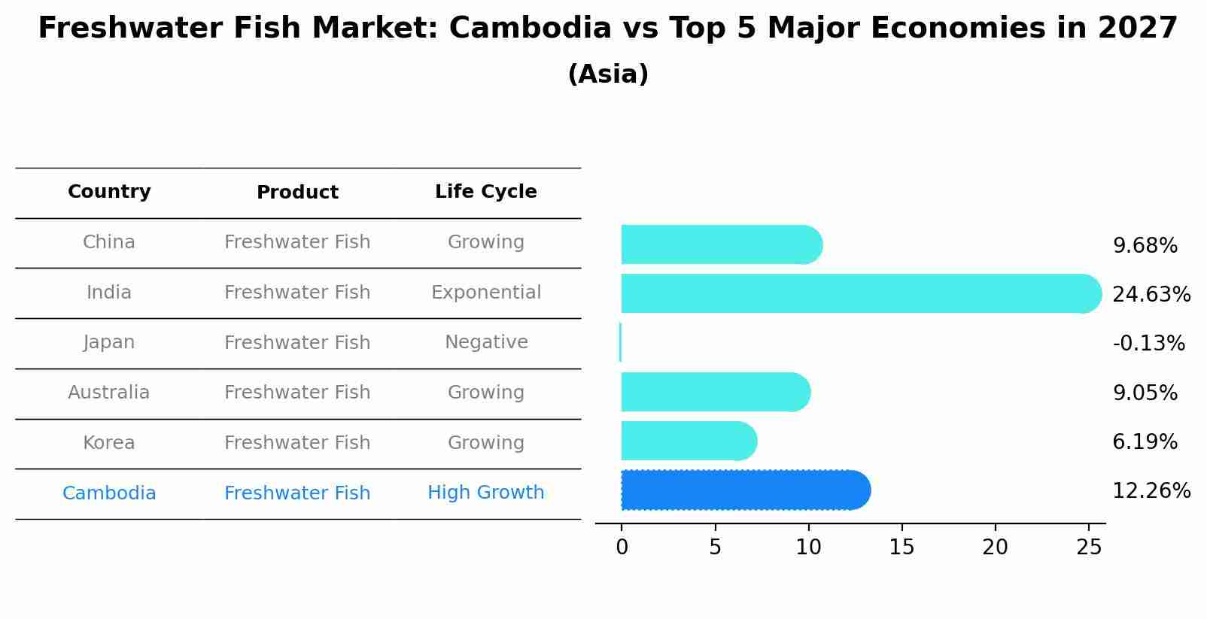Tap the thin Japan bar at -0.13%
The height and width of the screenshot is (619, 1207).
click(620, 342)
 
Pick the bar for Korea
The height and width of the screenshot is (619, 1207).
click(688, 441)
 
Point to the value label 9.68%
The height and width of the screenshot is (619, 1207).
click(1145, 246)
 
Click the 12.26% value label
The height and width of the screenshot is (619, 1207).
click(1151, 491)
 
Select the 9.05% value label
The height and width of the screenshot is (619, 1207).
click(1145, 393)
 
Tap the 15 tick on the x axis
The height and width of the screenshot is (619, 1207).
click(901, 548)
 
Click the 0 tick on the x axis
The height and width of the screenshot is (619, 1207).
click(622, 548)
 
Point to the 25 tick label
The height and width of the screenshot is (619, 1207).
click(1088, 548)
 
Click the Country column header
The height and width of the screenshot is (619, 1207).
click(109, 192)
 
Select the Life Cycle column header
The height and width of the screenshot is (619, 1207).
click(485, 192)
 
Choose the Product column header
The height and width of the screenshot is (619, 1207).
click(297, 193)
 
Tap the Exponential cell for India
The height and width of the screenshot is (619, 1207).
click(485, 293)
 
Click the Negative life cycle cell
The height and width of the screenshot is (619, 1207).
click(485, 342)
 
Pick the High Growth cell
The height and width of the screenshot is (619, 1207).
click(485, 493)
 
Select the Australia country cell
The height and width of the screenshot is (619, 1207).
click(108, 393)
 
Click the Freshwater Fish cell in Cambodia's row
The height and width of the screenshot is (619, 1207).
click(297, 493)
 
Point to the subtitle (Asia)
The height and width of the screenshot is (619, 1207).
click(608, 74)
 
